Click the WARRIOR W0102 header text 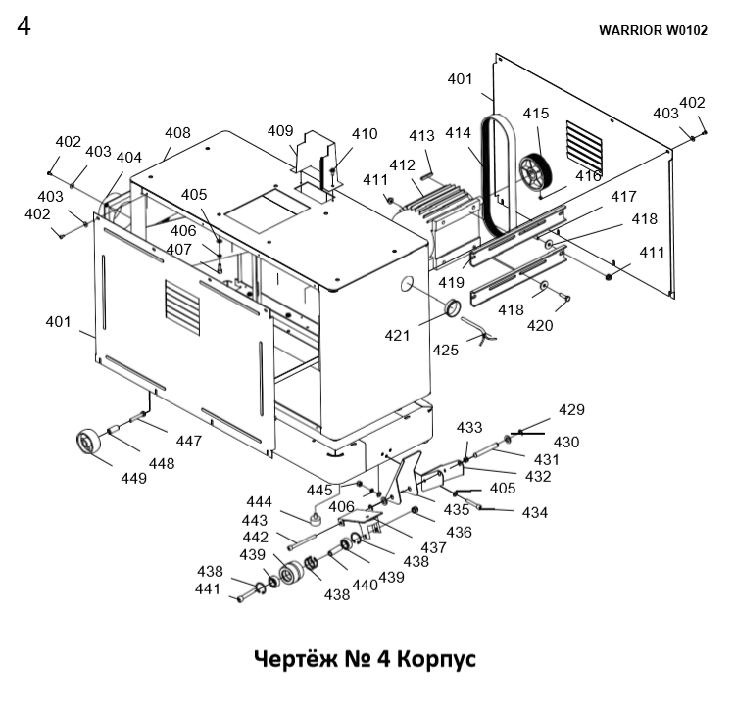[x=653, y=30]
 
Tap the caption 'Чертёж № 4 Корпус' [x=366, y=659]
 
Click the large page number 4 [x=24, y=25]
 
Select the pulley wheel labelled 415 [x=535, y=170]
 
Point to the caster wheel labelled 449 [x=88, y=442]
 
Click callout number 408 [x=177, y=133]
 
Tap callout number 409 [x=280, y=130]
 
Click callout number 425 [x=445, y=350]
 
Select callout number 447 [x=189, y=441]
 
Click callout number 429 [x=572, y=410]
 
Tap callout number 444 [x=260, y=502]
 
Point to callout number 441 [x=208, y=588]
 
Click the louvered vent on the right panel [x=584, y=147]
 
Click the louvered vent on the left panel [x=182, y=308]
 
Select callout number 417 [x=624, y=196]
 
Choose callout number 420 [x=540, y=325]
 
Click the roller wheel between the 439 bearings [x=292, y=573]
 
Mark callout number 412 [x=402, y=165]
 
